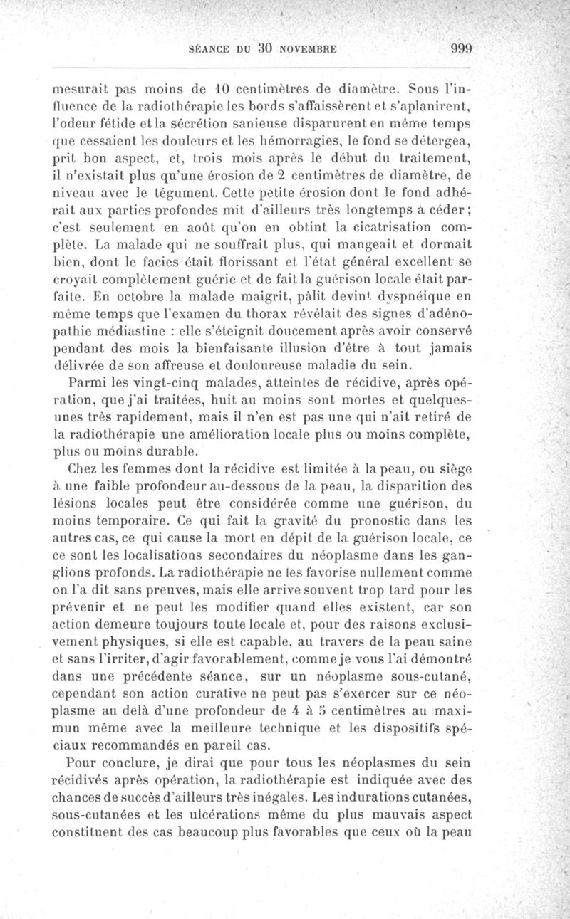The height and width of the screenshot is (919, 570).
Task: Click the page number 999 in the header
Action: point(462,49)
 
